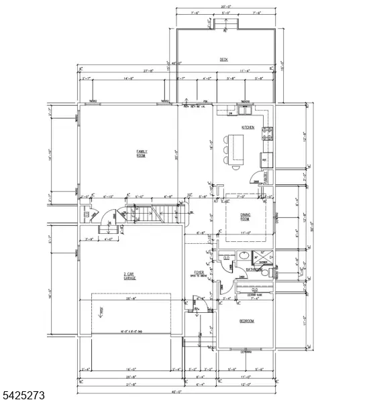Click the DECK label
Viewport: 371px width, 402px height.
(x=224, y=60)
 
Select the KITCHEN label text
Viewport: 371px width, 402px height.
(x=248, y=127)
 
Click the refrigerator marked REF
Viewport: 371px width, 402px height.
(x=265, y=159)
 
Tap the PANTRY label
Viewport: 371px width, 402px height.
(x=266, y=178)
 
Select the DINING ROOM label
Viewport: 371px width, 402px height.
(x=245, y=216)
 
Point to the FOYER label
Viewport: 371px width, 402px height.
(x=199, y=273)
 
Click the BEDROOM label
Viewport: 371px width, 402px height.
(x=247, y=321)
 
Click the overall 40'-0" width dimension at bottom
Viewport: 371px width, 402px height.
(x=176, y=391)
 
